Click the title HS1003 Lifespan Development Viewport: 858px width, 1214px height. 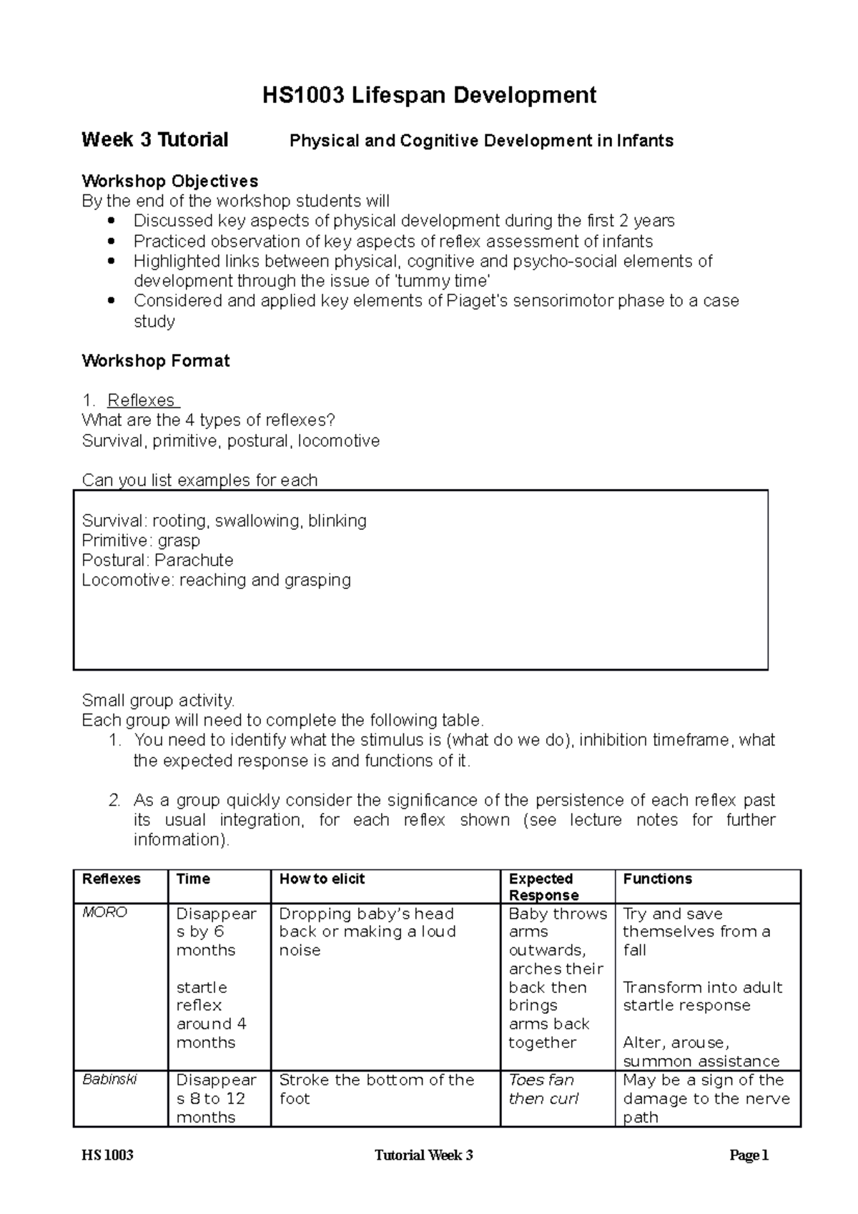(429, 95)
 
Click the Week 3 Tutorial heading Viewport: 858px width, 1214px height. (154, 139)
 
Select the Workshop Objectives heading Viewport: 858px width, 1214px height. (169, 181)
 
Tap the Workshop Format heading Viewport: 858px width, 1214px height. (155, 360)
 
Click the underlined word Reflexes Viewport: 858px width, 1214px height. (141, 400)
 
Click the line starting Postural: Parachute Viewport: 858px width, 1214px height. (157, 560)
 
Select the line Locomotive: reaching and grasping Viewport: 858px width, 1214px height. (216, 580)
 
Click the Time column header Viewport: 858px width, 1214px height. (193, 879)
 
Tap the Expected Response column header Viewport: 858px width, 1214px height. (541, 887)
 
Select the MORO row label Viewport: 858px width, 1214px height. (104, 913)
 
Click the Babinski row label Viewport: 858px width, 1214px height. (109, 1080)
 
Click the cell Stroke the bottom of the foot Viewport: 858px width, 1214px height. (376, 1089)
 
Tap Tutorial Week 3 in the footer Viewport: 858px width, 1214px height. (423, 1156)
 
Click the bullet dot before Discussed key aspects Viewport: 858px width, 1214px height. (109, 221)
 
